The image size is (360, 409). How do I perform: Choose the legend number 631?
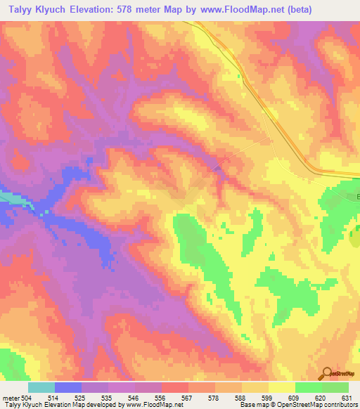click(345, 398)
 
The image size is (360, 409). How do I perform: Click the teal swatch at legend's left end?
click(41, 387)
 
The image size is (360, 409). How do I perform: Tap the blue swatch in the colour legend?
click(67, 387)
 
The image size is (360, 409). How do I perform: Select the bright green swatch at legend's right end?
click(335, 387)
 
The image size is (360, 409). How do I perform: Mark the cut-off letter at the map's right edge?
click(356, 195)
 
